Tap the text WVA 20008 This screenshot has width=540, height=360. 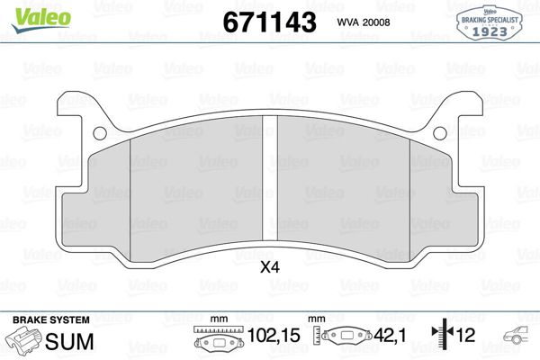(x=364, y=22)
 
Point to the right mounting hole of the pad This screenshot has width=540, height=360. (x=439, y=134)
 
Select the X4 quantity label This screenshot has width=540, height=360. (x=269, y=266)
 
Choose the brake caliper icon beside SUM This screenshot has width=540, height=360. (x=22, y=342)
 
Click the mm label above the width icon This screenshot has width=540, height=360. (x=216, y=319)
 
